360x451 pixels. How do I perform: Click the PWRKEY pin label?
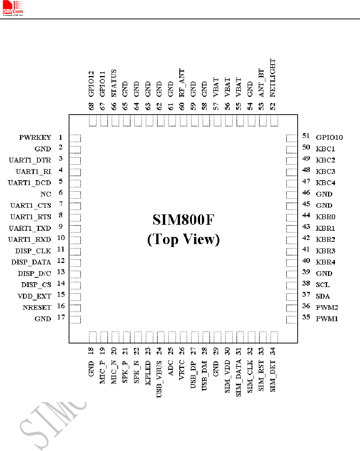pyautogui.click(x=35, y=138)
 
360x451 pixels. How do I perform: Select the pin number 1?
pyautogui.click(x=60, y=137)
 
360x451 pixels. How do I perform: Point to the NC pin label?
pyautogui.click(x=46, y=194)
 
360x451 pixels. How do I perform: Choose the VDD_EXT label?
pyautogui.click(x=34, y=296)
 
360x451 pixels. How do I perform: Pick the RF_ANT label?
pyautogui.click(x=182, y=83)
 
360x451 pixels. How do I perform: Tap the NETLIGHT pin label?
pyautogui.click(x=273, y=78)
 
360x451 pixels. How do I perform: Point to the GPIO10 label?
pyautogui.click(x=329, y=138)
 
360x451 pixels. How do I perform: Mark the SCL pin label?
pyautogui.click(x=323, y=285)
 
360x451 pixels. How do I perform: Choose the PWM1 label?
pyautogui.click(x=327, y=319)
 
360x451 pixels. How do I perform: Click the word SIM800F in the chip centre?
pyautogui.click(x=183, y=220)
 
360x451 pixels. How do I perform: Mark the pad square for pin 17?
pyautogui.click(x=75, y=319)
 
